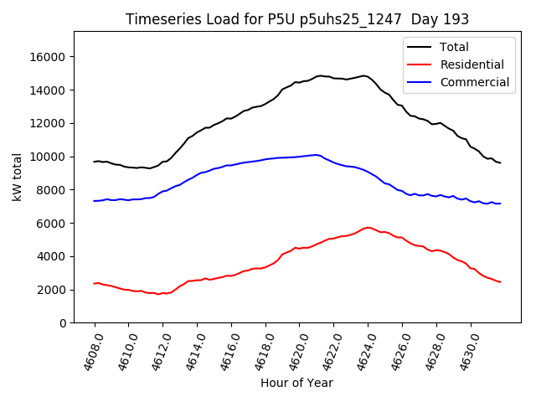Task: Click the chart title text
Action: pyautogui.click(x=297, y=19)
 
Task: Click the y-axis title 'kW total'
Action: pyautogui.click(x=17, y=177)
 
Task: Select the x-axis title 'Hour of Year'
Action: pyautogui.click(x=296, y=383)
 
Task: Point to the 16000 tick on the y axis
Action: pyautogui.click(x=50, y=57)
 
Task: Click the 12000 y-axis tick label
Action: pyautogui.click(x=50, y=123)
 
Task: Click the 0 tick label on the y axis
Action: pyautogui.click(x=63, y=323)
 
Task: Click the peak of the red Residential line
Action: pyautogui.click(x=368, y=227)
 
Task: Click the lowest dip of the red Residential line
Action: pyautogui.click(x=157, y=294)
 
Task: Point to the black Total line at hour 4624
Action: pyautogui.click(x=368, y=76)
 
